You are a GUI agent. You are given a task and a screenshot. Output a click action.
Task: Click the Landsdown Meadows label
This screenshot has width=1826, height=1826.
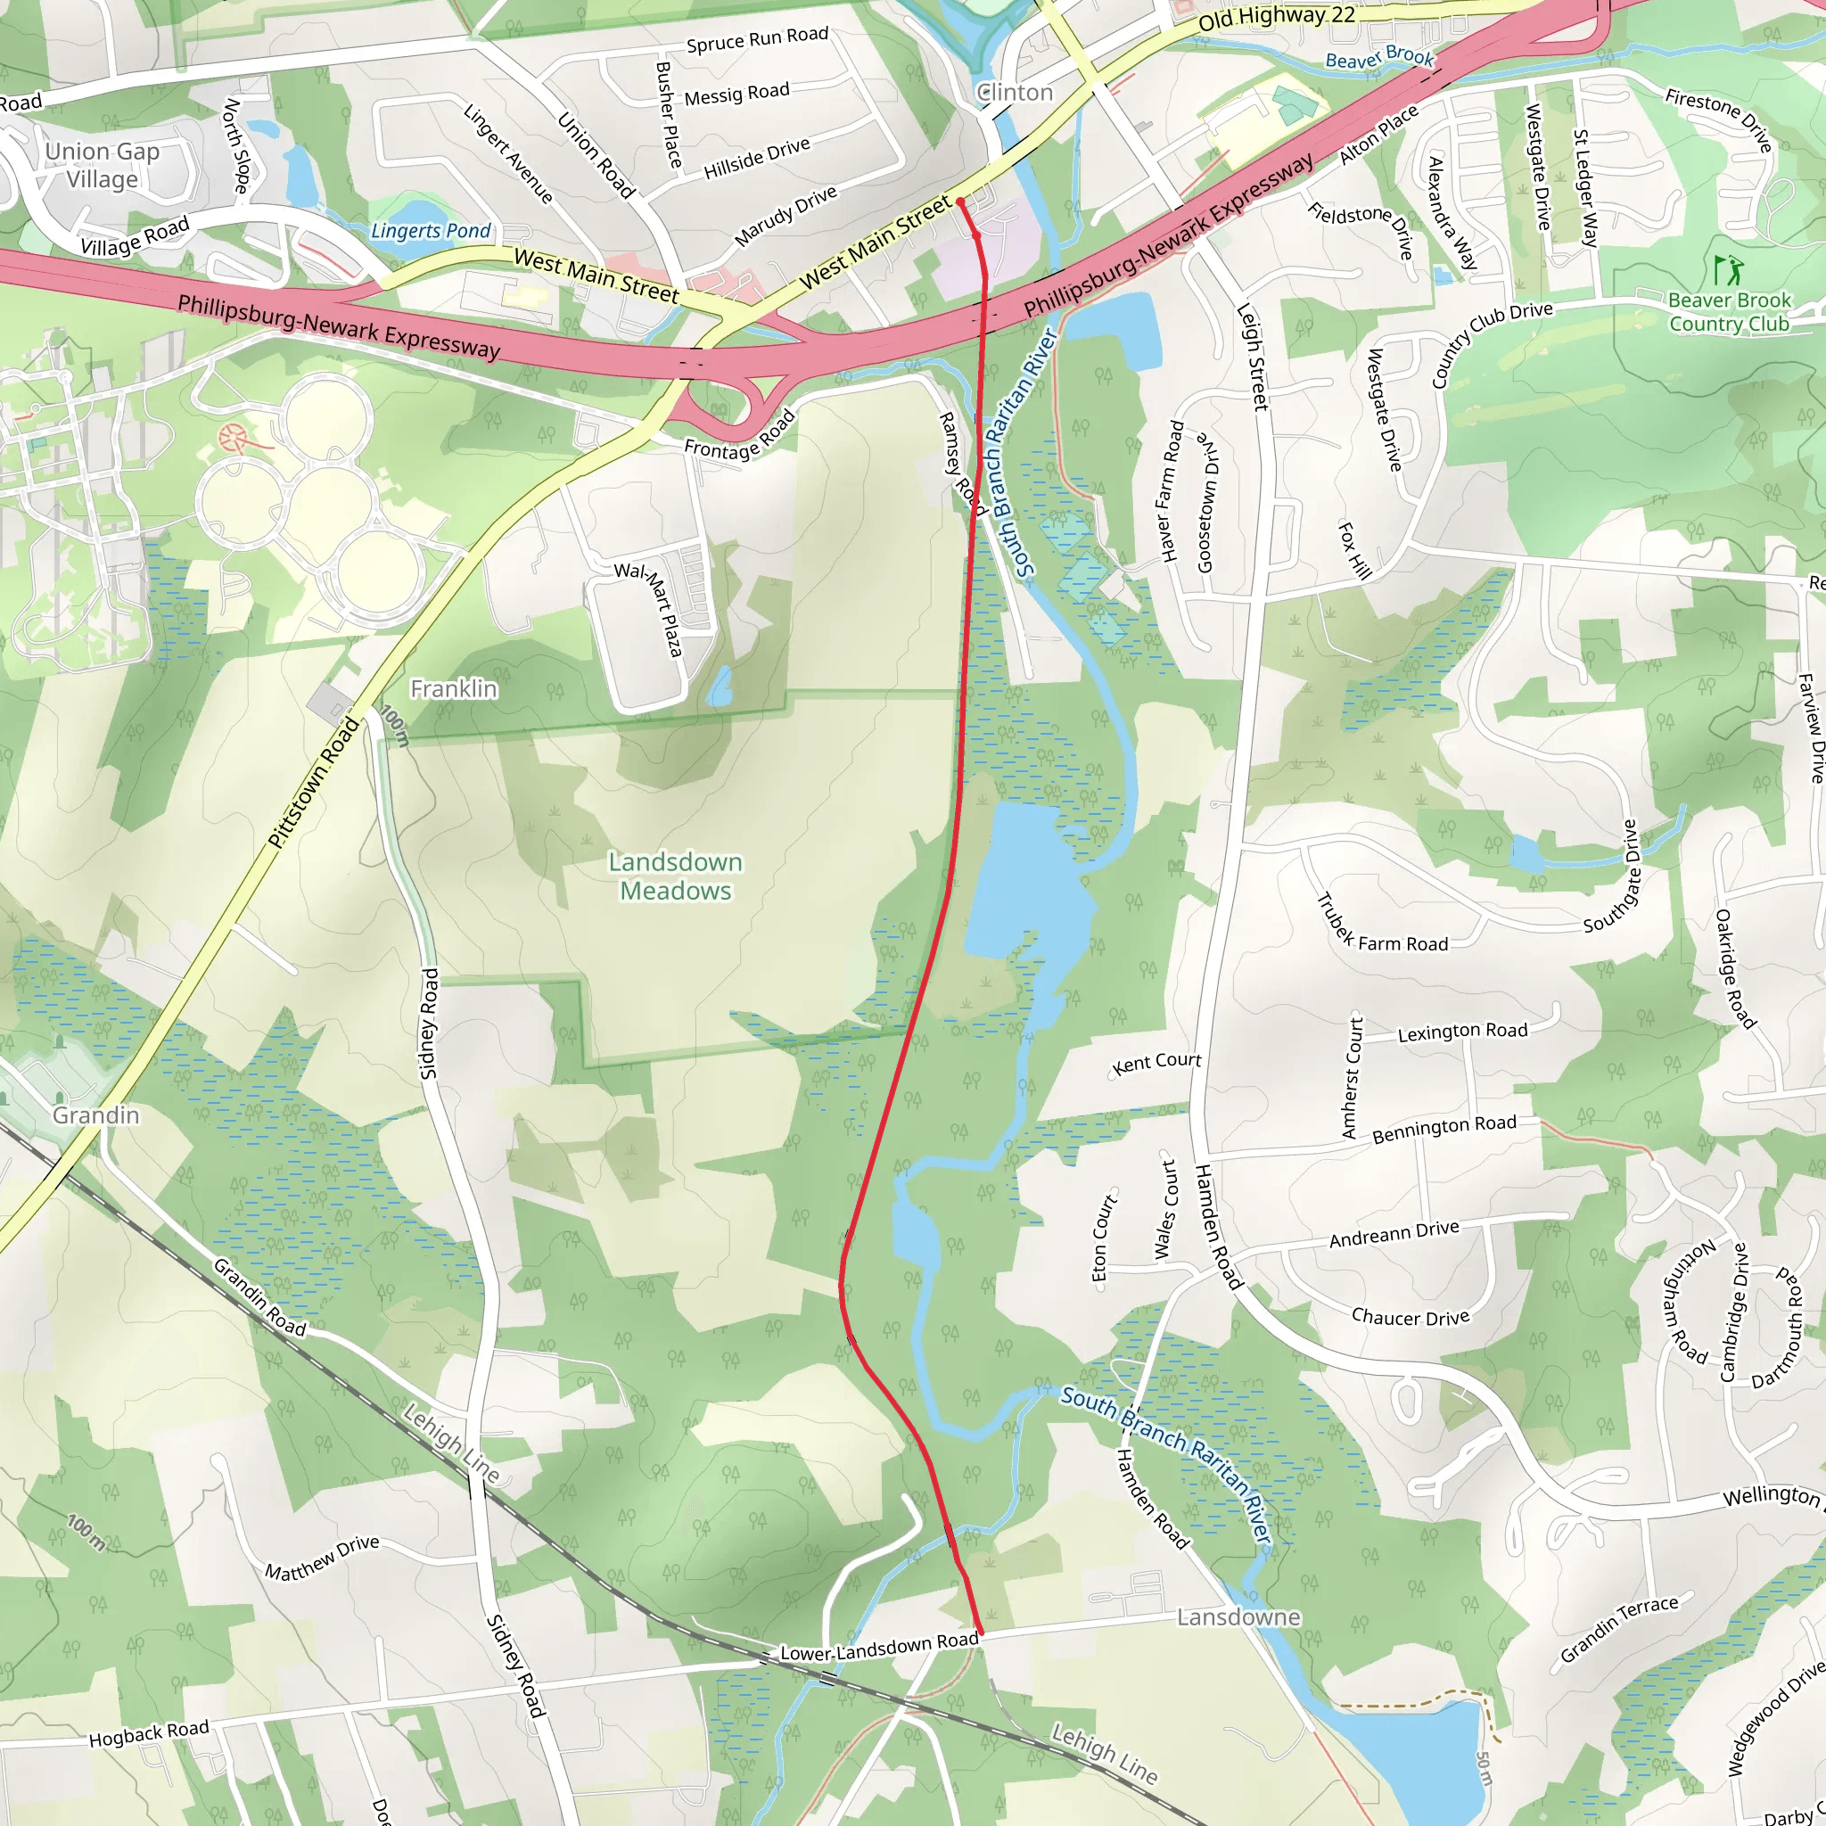(x=675, y=876)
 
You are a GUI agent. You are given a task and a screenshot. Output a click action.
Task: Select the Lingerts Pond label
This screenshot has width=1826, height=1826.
(x=431, y=231)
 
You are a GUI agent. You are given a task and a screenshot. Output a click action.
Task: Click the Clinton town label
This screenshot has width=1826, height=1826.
(x=1015, y=93)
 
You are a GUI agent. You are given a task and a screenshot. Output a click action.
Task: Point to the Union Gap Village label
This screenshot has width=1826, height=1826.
(x=102, y=166)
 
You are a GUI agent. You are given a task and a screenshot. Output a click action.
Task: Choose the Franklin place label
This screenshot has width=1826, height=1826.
(x=454, y=689)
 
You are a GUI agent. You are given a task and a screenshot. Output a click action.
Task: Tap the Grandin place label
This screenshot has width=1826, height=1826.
(x=95, y=1115)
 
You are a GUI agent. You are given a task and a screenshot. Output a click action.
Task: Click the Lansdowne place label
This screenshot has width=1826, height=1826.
(x=1238, y=1617)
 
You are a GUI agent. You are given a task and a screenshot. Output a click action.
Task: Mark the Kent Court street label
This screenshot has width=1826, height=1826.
(x=1156, y=1064)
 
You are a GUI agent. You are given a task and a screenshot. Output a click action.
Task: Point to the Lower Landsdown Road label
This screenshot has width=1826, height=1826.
(x=879, y=1647)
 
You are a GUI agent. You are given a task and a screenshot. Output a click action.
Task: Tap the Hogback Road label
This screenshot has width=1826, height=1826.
(x=148, y=1733)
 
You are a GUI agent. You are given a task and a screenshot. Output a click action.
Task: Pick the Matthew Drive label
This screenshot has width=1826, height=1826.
(x=321, y=1558)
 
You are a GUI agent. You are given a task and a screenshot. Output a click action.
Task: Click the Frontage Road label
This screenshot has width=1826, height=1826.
(x=740, y=437)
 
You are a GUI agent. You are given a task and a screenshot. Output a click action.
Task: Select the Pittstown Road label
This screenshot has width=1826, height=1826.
(x=314, y=783)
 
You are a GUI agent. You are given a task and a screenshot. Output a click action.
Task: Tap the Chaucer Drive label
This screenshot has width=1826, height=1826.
(x=1410, y=1318)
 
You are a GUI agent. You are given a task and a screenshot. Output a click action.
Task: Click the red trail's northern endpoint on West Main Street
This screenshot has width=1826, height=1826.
(x=960, y=202)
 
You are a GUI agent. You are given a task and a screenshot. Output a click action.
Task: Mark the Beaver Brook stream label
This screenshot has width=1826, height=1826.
(x=1379, y=59)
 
